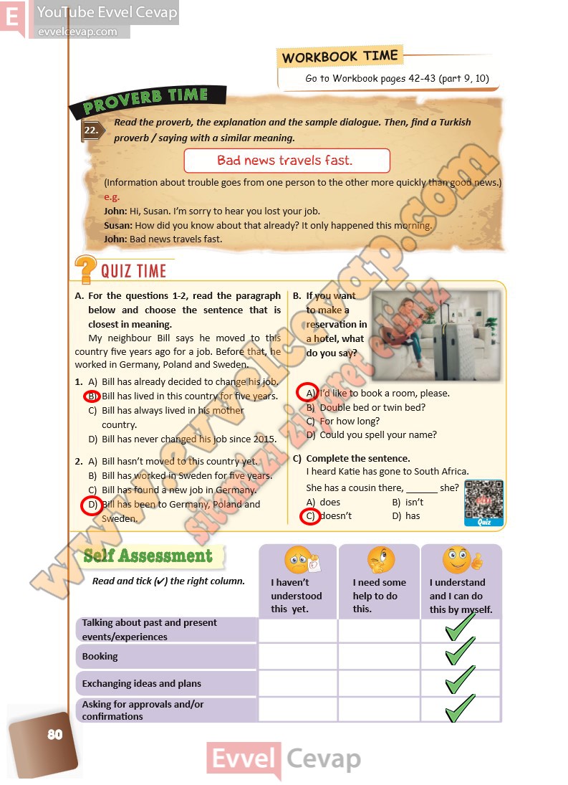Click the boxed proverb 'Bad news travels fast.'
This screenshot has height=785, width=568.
point(286,160)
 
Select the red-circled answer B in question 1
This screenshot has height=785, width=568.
point(92,396)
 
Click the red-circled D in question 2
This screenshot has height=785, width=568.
point(92,505)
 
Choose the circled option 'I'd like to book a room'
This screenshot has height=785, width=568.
point(309,393)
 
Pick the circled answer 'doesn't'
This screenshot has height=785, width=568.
point(309,516)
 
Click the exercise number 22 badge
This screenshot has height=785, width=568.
point(92,130)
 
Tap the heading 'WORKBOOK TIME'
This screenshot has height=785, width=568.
point(339,57)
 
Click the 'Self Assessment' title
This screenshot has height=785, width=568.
point(148,556)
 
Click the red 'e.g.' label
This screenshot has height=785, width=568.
point(112,197)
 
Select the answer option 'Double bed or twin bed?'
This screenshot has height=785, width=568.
point(372,407)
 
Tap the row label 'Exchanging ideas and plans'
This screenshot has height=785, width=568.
point(141,684)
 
